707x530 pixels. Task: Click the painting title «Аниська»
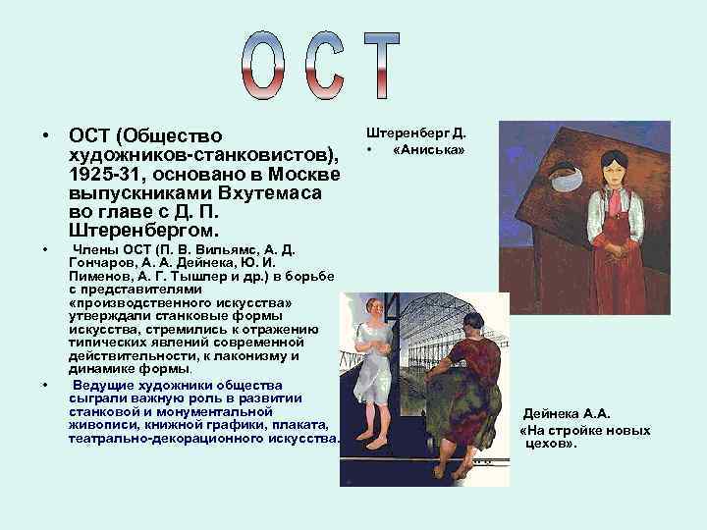click(x=429, y=150)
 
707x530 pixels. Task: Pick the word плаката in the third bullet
click(x=302, y=424)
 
